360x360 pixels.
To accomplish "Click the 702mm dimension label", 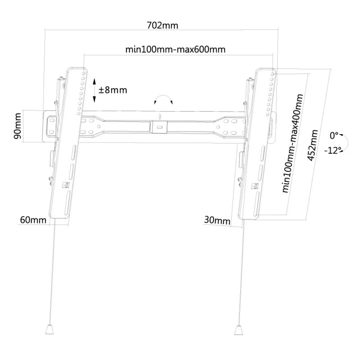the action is [162, 25].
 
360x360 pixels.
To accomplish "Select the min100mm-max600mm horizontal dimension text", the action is [175, 49].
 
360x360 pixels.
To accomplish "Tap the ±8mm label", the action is [113, 90].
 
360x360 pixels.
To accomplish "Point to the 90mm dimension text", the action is [18, 126].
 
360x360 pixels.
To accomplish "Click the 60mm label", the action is [33, 220].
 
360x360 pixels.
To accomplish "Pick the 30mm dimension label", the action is [217, 220].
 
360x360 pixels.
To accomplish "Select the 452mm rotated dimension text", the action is [312, 145].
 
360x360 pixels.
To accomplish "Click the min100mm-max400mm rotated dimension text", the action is [292, 144].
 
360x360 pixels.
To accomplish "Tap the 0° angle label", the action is [334, 136].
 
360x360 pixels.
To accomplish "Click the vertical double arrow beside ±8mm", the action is [94, 90].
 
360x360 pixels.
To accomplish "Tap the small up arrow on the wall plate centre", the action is [160, 117].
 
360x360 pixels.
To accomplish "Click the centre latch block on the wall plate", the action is [158, 127].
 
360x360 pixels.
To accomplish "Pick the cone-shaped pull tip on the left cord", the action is [49, 329].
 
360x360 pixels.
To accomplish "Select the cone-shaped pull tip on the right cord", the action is [238, 330].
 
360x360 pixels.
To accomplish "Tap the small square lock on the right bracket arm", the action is [254, 186].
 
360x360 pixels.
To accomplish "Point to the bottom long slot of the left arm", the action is [67, 202].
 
